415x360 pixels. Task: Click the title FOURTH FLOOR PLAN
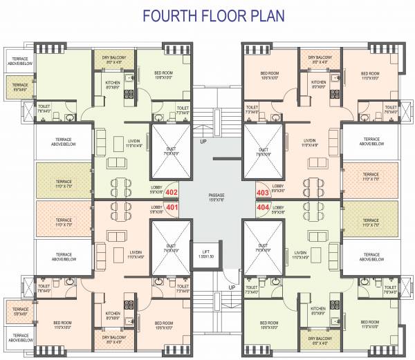(x=207, y=15)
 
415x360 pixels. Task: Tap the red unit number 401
(x=172, y=207)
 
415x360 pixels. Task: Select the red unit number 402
(x=172, y=193)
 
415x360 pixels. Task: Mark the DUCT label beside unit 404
(x=264, y=247)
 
